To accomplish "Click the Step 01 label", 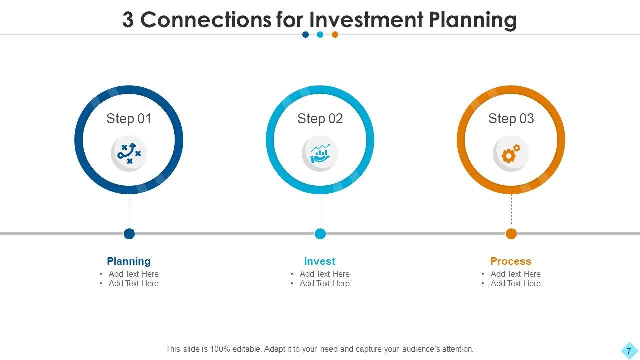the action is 129,119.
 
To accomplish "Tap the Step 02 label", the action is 320,119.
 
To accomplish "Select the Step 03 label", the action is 511,119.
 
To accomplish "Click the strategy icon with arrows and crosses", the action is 129,153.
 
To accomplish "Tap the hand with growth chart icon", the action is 320,153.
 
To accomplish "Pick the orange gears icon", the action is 511,153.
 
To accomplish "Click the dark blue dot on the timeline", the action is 129,234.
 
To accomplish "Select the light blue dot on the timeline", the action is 320,234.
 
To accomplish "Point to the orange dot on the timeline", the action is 511,234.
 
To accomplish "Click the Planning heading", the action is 129,261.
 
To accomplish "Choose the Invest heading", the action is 319,261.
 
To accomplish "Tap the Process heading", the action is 511,261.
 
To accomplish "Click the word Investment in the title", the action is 366,20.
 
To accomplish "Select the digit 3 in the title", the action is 128,20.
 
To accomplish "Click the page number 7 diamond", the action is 629,351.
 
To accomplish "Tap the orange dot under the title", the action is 335,35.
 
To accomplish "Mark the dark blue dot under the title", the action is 305,35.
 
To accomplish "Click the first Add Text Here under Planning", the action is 133,274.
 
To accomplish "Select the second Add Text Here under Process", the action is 515,283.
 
